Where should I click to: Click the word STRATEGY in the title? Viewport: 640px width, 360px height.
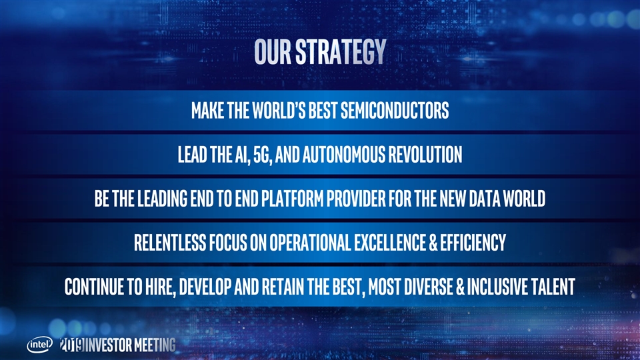(x=341, y=52)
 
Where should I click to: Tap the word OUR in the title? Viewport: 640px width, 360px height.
(x=273, y=52)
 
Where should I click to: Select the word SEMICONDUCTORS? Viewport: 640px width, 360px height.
(x=395, y=110)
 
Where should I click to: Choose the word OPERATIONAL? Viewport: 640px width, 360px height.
(x=310, y=243)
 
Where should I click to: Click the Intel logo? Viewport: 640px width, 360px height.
(x=39, y=345)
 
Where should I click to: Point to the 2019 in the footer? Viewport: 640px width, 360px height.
(x=72, y=345)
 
